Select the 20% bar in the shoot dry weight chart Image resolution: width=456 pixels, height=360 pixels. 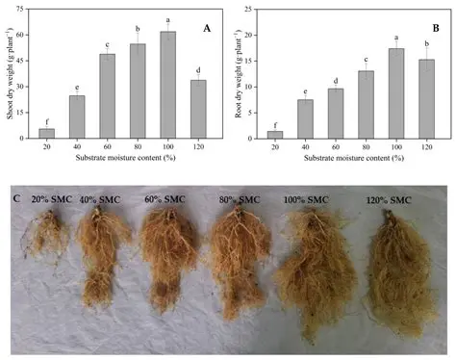click(x=46, y=134)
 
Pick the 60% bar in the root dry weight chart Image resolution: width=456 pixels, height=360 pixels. click(x=336, y=114)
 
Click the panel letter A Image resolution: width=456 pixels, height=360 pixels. click(x=205, y=28)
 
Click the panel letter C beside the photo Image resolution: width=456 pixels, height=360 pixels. click(x=14, y=199)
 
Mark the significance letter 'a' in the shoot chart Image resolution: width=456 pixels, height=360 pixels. click(x=167, y=19)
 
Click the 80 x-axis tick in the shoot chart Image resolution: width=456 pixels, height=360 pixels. click(x=138, y=145)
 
